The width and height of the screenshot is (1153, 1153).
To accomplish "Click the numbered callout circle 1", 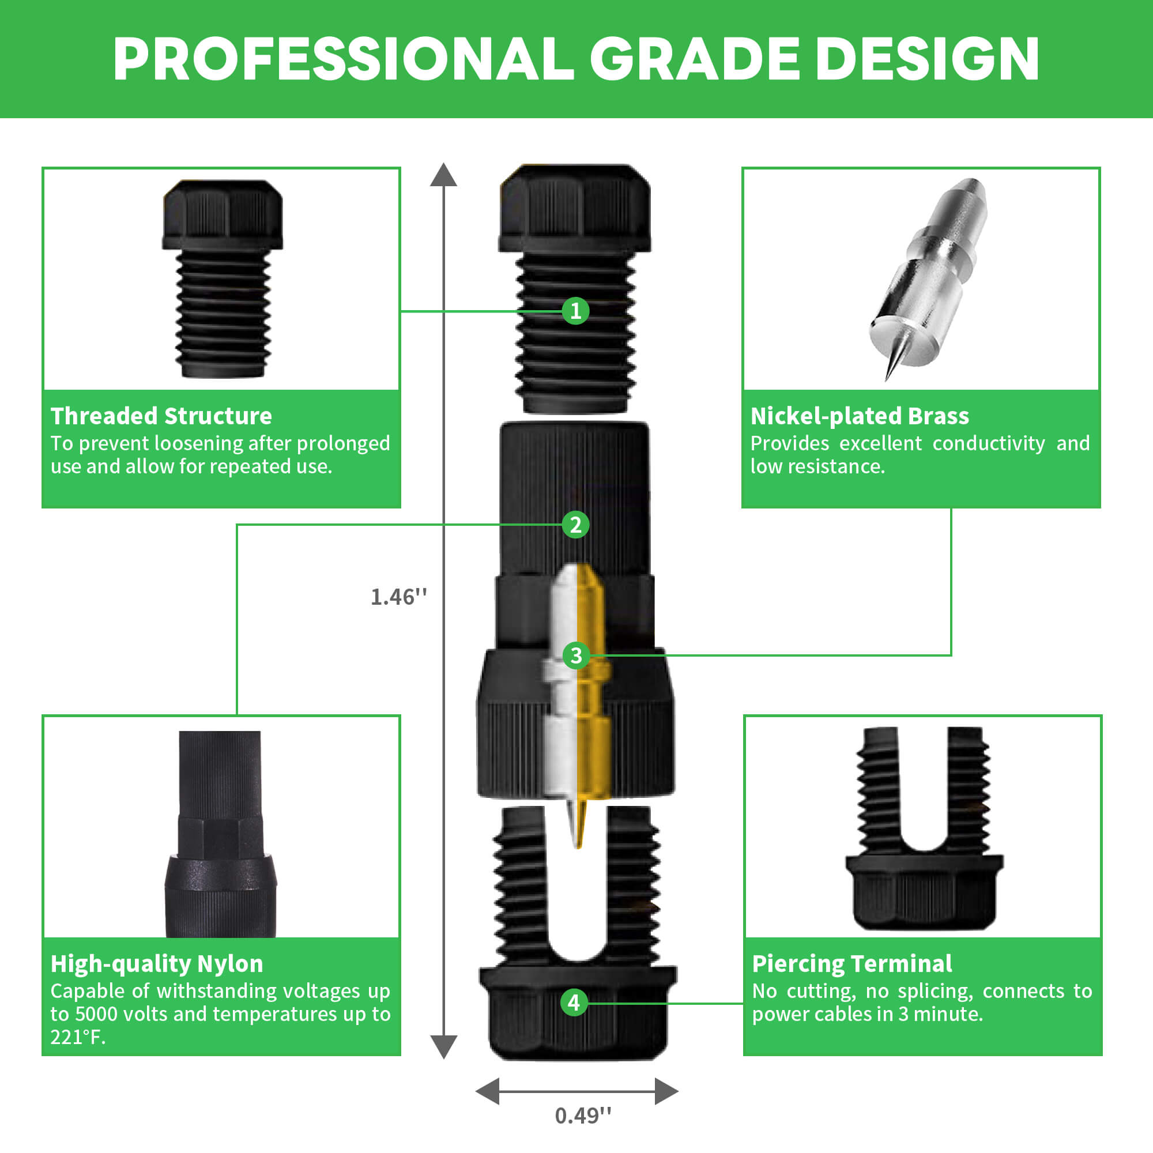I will coord(575,311).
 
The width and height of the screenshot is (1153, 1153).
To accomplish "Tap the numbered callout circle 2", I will coord(575,525).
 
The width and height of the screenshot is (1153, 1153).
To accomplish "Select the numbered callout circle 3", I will coord(575,655).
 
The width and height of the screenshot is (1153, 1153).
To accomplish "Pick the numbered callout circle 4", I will coord(574,1002).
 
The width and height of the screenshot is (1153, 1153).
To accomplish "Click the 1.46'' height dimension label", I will coord(399,597).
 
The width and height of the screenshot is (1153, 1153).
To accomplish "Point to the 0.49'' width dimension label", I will coord(583,1116).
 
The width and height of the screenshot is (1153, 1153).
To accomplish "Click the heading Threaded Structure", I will coord(161,416).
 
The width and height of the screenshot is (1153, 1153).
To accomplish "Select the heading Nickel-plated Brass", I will coord(860,416).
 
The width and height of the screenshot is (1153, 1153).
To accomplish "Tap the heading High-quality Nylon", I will coord(156,964).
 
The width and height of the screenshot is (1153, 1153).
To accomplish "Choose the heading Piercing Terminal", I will coord(851,964).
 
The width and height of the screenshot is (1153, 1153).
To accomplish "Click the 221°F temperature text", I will coord(77,1037).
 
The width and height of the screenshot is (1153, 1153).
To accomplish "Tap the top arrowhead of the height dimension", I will coord(443,175).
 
